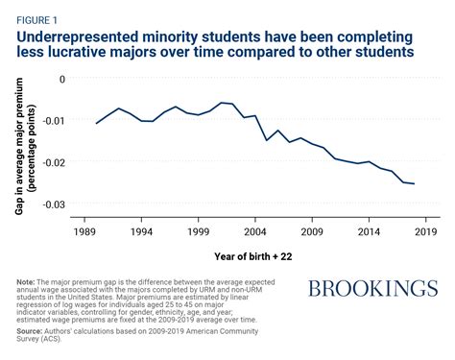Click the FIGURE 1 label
pos(36,16)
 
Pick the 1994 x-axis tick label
pos(141,232)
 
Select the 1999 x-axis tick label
pos(198,232)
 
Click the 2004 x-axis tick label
pos(254,232)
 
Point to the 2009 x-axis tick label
pos(312,232)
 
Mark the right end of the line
pos(415,183)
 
